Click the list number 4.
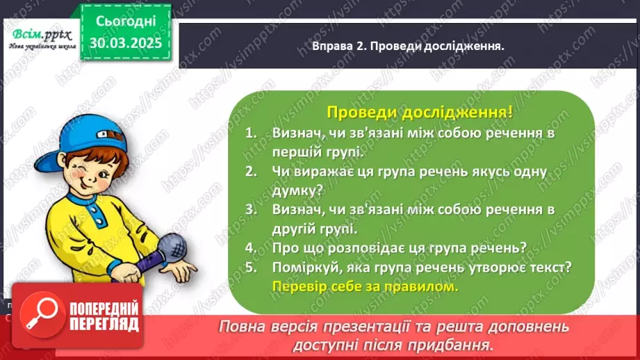click(x=251, y=247)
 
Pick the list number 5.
click(x=251, y=267)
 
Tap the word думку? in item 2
click(x=295, y=189)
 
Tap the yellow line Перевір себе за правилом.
click(x=366, y=286)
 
